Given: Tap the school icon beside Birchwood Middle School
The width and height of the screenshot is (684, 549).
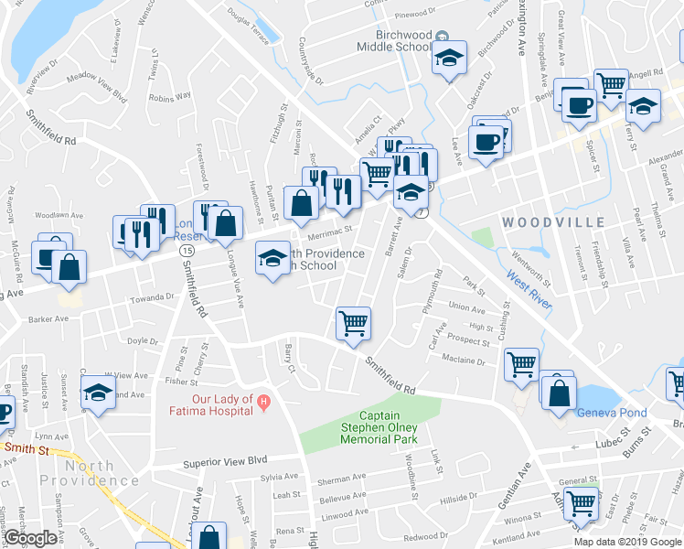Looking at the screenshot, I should pyautogui.click(x=449, y=59).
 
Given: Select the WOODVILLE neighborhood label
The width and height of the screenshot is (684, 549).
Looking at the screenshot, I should pyautogui.click(x=552, y=221).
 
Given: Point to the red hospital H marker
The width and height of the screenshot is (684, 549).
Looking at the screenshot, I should pyautogui.click(x=263, y=399).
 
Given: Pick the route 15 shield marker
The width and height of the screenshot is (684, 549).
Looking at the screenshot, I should pyautogui.click(x=187, y=249).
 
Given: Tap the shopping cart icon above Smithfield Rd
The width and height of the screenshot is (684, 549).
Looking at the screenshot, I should pyautogui.click(x=354, y=322).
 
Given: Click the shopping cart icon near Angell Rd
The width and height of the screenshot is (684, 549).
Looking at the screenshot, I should pyautogui.click(x=610, y=85).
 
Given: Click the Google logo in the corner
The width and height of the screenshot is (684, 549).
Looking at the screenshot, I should pyautogui.click(x=29, y=538).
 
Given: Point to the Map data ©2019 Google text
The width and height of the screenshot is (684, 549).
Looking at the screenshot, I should pyautogui.click(x=627, y=542).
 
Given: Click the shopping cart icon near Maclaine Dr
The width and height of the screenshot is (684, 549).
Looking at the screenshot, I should pyautogui.click(x=521, y=364).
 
